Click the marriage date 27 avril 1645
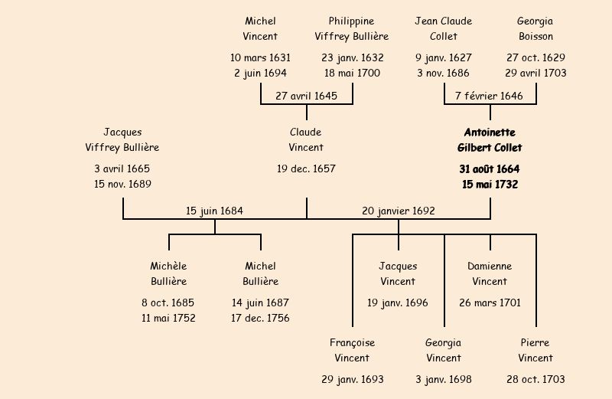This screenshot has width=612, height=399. [306, 96]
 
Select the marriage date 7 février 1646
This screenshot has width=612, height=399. [490, 96]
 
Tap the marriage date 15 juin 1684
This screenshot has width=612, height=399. [215, 210]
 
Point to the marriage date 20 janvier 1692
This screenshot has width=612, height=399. [398, 210]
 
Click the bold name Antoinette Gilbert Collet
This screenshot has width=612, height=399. [490, 140]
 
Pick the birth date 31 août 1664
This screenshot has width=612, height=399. [490, 168]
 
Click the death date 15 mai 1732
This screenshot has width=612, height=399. [490, 185]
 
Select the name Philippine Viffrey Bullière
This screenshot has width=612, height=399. [352, 28]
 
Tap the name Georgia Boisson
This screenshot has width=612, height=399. [535, 28]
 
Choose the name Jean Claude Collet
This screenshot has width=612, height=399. [444, 28]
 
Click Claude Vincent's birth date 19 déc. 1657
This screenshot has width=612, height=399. [306, 168]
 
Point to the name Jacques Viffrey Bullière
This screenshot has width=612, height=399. [122, 140]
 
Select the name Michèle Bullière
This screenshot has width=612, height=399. [168, 273]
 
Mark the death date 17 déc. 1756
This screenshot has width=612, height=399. [260, 319]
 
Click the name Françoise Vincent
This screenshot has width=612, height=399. [352, 350]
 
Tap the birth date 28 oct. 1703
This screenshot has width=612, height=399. [535, 379]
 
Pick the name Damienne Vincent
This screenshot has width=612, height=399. [490, 273]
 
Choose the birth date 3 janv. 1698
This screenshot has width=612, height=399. [444, 379]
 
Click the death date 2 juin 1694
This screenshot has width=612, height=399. [260, 74]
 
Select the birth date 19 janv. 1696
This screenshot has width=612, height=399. [398, 303]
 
